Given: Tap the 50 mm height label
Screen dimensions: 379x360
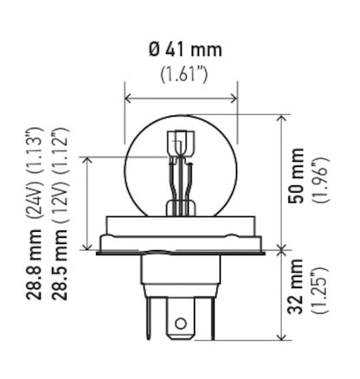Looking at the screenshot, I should pyautogui.click(x=298, y=183).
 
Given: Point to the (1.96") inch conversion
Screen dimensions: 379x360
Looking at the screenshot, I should pyautogui.click(x=319, y=183).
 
